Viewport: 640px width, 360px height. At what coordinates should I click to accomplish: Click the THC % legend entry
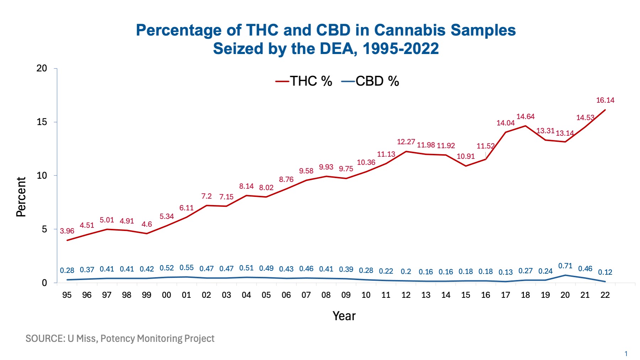(x=304, y=81)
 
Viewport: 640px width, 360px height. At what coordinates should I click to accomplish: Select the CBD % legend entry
(x=370, y=81)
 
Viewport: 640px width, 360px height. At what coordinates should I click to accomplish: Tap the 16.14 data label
(x=605, y=100)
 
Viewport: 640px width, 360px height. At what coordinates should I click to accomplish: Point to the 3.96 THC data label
(x=67, y=231)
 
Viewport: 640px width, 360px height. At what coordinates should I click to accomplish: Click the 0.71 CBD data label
(x=565, y=266)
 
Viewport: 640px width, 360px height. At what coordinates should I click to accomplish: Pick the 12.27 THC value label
(x=406, y=142)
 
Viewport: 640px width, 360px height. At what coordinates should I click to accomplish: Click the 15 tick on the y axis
(x=42, y=122)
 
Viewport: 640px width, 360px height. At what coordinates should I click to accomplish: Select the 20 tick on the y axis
(x=42, y=68)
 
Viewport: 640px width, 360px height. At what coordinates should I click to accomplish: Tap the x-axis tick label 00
(x=166, y=295)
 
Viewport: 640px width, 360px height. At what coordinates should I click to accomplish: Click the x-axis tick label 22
(x=605, y=295)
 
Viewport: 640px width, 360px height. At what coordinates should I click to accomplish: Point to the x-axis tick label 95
(x=67, y=295)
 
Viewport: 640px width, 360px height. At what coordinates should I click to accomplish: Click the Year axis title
(x=344, y=316)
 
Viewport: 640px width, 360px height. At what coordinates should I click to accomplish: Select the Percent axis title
(x=21, y=197)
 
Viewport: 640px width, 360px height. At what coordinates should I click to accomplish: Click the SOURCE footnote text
(x=120, y=338)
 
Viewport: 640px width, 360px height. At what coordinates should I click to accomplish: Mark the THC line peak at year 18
(x=525, y=125)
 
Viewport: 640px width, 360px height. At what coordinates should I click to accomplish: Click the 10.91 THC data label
(x=466, y=156)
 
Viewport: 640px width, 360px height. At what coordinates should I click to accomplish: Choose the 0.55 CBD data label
(x=186, y=268)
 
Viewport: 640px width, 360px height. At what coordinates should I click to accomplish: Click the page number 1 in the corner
(x=626, y=354)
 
